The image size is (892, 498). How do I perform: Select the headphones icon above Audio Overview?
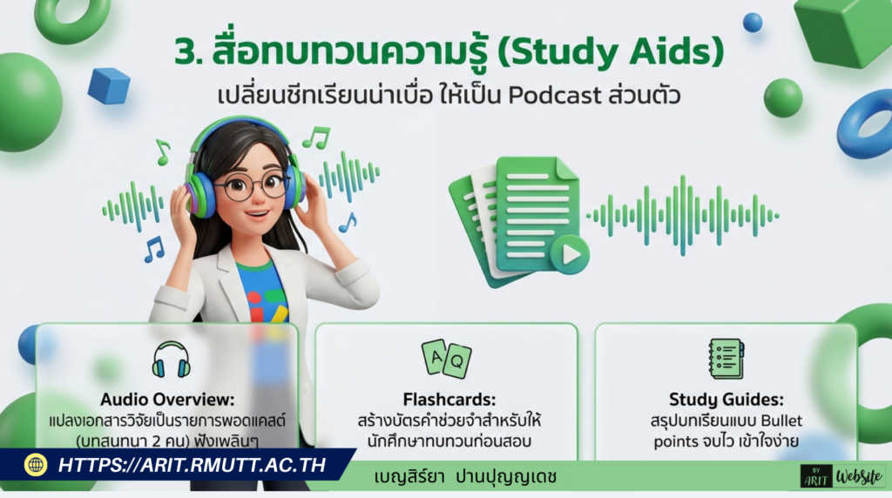(x=171, y=359)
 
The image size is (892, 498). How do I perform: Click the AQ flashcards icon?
(x=446, y=358)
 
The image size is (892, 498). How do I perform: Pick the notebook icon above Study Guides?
(x=726, y=358)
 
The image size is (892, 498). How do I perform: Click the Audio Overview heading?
(x=168, y=400)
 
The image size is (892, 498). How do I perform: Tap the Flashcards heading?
(x=445, y=400)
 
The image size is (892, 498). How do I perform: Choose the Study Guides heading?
(x=726, y=400)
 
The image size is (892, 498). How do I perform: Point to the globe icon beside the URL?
(x=36, y=465)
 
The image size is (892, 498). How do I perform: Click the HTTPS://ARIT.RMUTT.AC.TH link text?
(x=192, y=465)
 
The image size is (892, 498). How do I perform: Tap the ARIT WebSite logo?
(x=841, y=475)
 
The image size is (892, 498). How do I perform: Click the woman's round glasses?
(x=251, y=185)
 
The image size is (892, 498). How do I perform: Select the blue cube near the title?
(x=109, y=85)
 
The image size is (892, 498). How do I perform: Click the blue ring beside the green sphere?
(x=866, y=123)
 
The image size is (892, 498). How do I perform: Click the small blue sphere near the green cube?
(x=753, y=22)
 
